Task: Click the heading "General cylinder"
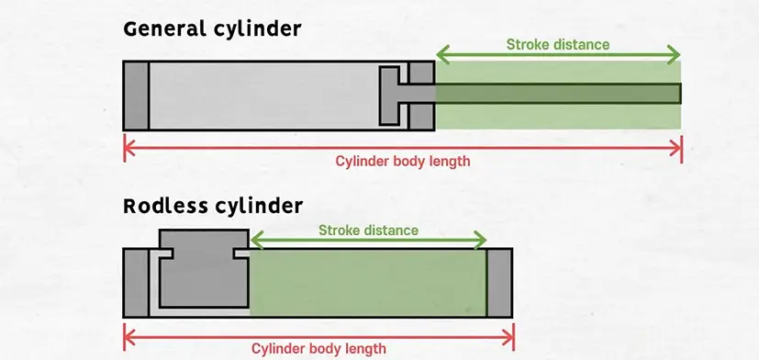pyautogui.click(x=212, y=29)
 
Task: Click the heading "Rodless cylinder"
pyautogui.click(x=213, y=204)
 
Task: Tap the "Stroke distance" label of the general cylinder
pyautogui.click(x=557, y=43)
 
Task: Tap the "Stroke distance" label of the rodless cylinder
pyautogui.click(x=367, y=231)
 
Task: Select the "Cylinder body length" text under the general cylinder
pyautogui.click(x=402, y=161)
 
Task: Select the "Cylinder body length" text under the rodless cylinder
pyautogui.click(x=318, y=348)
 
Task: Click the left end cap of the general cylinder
pyautogui.click(x=136, y=96)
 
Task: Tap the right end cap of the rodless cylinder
pyautogui.click(x=499, y=282)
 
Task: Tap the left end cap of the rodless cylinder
pyautogui.click(x=135, y=282)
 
